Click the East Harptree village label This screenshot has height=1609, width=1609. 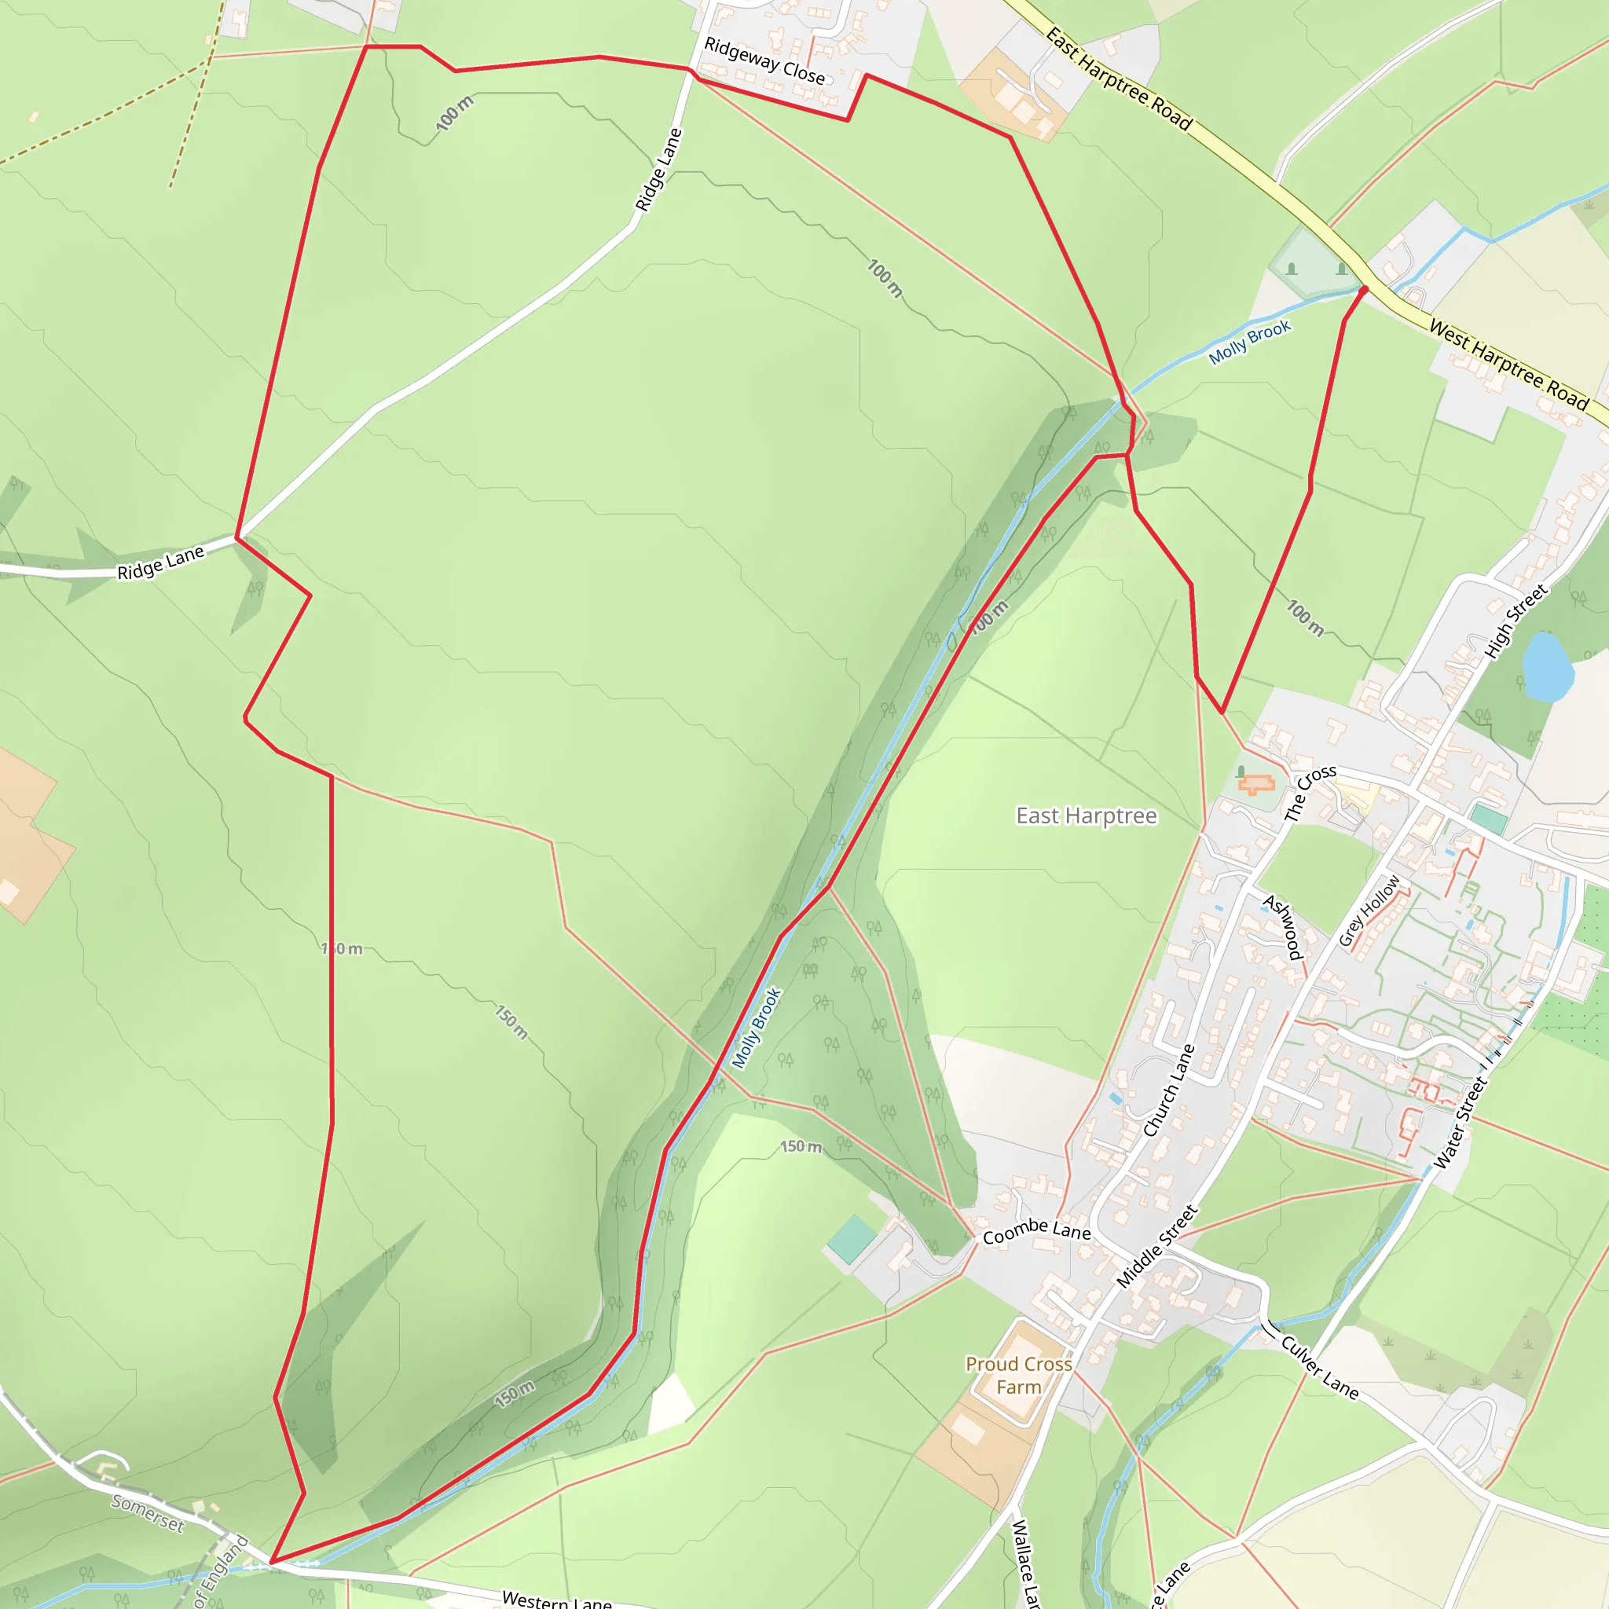tap(1086, 816)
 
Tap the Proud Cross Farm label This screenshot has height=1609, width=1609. tap(1018, 1375)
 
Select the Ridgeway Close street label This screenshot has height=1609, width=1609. tap(764, 60)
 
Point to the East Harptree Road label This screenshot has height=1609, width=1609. tap(1119, 79)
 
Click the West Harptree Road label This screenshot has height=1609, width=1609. tap(1508, 364)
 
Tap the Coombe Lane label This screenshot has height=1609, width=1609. tap(1036, 1231)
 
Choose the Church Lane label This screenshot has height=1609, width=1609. tap(1168, 1090)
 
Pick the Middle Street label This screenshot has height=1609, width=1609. tap(1156, 1246)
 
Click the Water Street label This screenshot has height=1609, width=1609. tap(1459, 1123)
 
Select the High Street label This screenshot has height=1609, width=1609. tap(1516, 621)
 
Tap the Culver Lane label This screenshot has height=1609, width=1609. tap(1319, 1368)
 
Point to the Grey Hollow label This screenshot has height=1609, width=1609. tap(1369, 911)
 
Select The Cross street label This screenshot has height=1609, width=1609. tap(1309, 792)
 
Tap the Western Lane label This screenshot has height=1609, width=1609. tap(556, 1599)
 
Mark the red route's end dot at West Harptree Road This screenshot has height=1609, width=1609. tap(1364, 290)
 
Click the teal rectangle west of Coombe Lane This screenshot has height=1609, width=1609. tap(852, 1239)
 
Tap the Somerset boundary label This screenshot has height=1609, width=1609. tap(148, 1512)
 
